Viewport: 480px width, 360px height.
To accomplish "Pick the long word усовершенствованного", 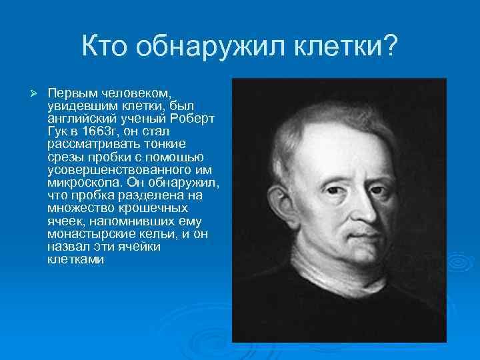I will [115, 169].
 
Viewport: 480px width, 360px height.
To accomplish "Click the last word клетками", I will [75, 259].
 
